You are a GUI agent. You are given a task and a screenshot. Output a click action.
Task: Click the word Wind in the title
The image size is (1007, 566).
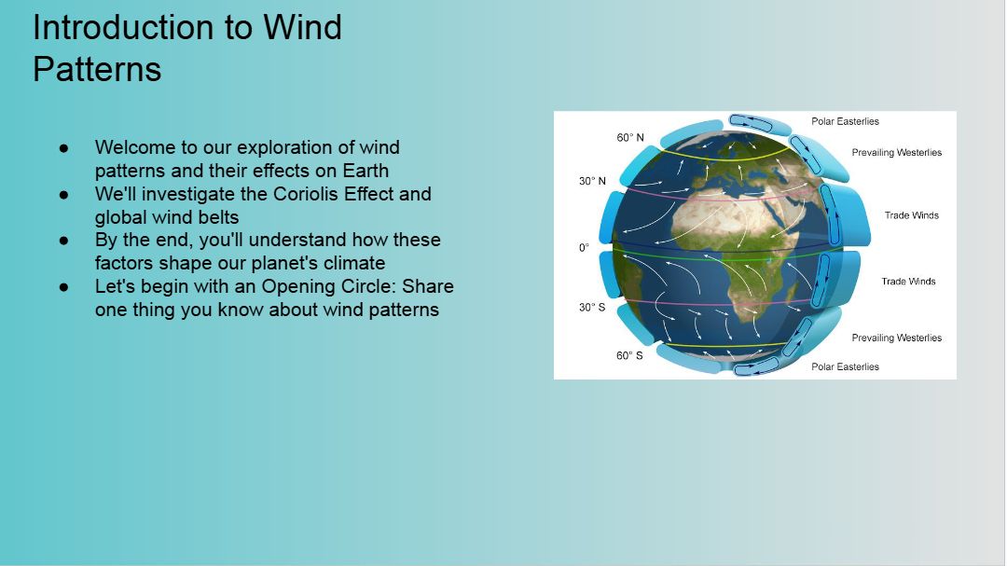302,28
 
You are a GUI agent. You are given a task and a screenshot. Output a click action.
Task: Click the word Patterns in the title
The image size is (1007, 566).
97,69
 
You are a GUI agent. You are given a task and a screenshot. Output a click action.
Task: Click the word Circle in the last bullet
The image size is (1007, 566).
368,286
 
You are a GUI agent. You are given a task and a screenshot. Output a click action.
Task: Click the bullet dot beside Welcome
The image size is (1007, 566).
63,147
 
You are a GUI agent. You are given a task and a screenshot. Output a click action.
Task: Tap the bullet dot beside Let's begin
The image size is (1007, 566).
63,286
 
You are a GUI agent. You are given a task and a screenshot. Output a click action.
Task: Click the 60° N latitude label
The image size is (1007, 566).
630,137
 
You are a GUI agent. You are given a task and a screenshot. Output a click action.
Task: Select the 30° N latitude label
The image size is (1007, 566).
592,181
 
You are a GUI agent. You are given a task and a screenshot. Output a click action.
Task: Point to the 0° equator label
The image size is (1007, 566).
584,248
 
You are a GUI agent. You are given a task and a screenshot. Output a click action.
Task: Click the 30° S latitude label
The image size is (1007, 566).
592,307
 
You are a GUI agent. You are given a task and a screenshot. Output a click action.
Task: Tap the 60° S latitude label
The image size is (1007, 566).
629,356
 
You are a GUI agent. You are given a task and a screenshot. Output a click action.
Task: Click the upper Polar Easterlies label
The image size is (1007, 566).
845,121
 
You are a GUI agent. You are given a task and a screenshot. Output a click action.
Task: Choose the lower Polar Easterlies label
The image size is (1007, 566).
845,366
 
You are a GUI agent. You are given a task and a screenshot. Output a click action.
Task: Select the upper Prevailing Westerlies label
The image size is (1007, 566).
897,153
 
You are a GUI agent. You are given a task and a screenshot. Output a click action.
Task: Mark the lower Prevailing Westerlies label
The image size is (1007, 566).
897,338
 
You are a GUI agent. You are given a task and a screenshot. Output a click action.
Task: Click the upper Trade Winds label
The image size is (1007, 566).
911,215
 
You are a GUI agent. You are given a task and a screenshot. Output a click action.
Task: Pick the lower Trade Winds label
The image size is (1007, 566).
908,282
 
